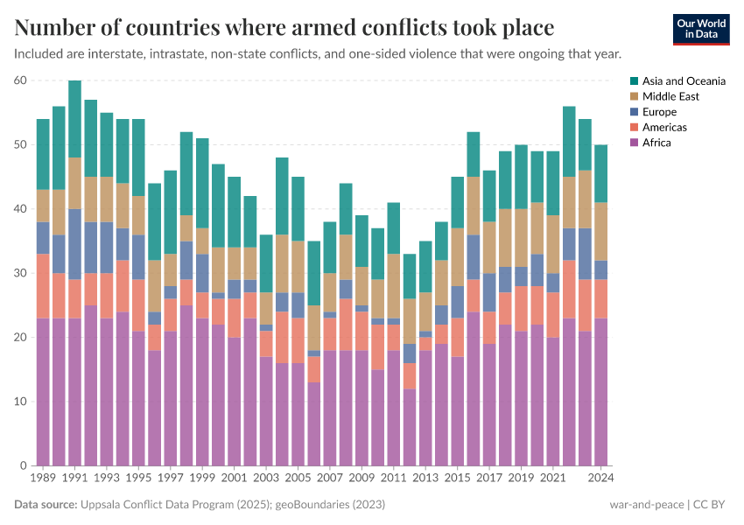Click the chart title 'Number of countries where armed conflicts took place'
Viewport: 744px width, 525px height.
(x=284, y=28)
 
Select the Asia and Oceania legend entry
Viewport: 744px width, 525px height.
(x=676, y=80)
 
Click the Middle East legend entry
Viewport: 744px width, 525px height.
(x=670, y=96)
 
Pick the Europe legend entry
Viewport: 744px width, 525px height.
(x=658, y=112)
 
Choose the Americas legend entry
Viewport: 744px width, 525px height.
(x=663, y=127)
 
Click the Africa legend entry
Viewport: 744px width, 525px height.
(x=656, y=143)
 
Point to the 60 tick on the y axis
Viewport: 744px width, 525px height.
(x=22, y=80)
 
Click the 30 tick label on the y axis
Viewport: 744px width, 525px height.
(x=22, y=273)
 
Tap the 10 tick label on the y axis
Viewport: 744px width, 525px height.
(x=22, y=402)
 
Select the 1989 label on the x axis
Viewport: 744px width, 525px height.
(x=44, y=479)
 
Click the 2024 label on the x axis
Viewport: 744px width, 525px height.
(x=600, y=479)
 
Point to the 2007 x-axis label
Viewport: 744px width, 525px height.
(x=330, y=479)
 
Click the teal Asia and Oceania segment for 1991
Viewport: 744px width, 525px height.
(x=75, y=119)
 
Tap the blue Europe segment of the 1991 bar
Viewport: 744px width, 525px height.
(x=75, y=244)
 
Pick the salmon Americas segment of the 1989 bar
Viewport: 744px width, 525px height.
(x=44, y=286)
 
